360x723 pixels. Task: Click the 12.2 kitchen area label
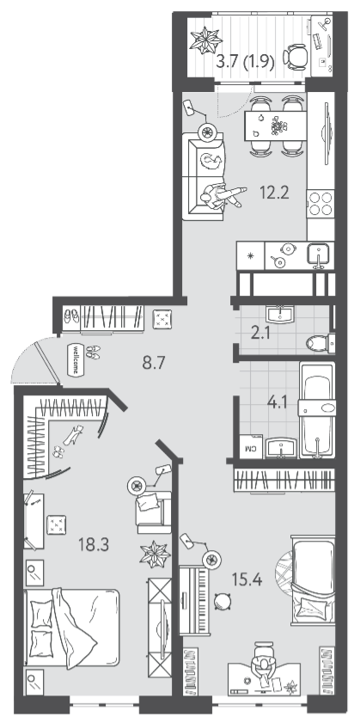click(274, 193)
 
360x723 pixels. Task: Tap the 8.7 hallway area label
click(154, 363)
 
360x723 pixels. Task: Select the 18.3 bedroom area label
click(94, 545)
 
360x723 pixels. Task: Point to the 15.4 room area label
click(247, 579)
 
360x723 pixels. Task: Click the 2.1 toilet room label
click(260, 334)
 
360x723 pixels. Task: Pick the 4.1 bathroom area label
click(277, 403)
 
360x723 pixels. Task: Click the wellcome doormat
click(76, 359)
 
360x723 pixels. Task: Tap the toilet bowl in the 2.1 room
click(320, 343)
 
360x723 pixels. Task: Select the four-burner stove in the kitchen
click(320, 204)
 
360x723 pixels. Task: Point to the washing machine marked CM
click(251, 446)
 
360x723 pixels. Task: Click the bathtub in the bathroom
click(317, 410)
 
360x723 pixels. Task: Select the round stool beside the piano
click(223, 601)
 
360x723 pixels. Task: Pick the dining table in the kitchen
click(275, 126)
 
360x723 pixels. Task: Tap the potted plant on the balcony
click(206, 40)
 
